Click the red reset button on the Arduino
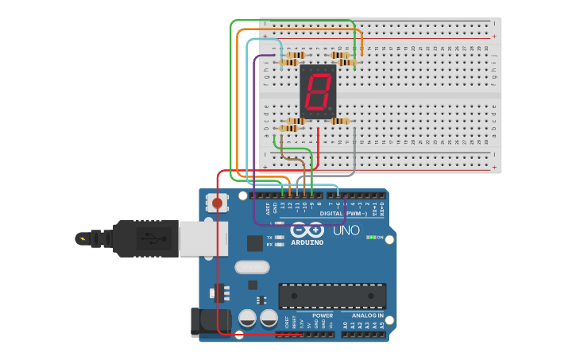(x=218, y=203)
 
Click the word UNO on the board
(x=346, y=230)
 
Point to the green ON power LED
(x=370, y=237)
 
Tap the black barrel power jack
(x=209, y=321)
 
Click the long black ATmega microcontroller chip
(x=332, y=296)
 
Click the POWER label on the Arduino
(x=323, y=315)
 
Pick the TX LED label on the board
(x=270, y=238)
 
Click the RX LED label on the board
(x=270, y=245)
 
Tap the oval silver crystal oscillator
(x=252, y=267)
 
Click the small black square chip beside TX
(x=255, y=243)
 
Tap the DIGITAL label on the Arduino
(x=331, y=213)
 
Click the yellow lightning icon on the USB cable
(x=82, y=238)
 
